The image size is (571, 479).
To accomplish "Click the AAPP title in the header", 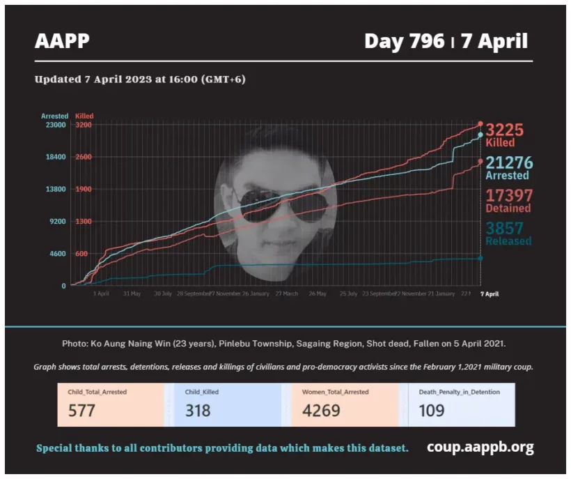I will [62, 41].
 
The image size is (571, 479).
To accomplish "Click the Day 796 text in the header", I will [404, 41].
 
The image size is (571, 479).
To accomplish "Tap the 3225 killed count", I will [504, 130].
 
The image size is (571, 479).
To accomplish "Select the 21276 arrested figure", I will [509, 163].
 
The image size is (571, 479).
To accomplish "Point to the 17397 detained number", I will [509, 195].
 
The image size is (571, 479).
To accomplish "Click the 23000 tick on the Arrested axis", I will [55, 125].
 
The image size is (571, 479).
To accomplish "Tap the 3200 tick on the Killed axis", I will [83, 125].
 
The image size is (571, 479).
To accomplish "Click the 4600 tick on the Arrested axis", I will [57, 254].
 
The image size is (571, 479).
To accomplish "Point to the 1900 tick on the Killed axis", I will [83, 189].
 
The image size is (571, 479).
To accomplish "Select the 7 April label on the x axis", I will [490, 294].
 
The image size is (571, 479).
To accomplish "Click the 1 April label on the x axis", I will [101, 294].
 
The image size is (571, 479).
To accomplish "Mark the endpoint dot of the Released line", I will [480, 259].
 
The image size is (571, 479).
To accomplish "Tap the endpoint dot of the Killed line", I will [480, 124].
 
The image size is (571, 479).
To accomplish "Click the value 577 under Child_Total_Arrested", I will [81, 410].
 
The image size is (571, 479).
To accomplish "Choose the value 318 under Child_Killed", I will [198, 410].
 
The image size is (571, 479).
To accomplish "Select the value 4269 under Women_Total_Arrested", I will [321, 410].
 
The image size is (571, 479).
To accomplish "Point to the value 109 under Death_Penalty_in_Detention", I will [432, 410].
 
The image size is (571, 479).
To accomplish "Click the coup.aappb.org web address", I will [480, 447].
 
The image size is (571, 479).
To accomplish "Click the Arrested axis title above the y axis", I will [54, 116].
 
